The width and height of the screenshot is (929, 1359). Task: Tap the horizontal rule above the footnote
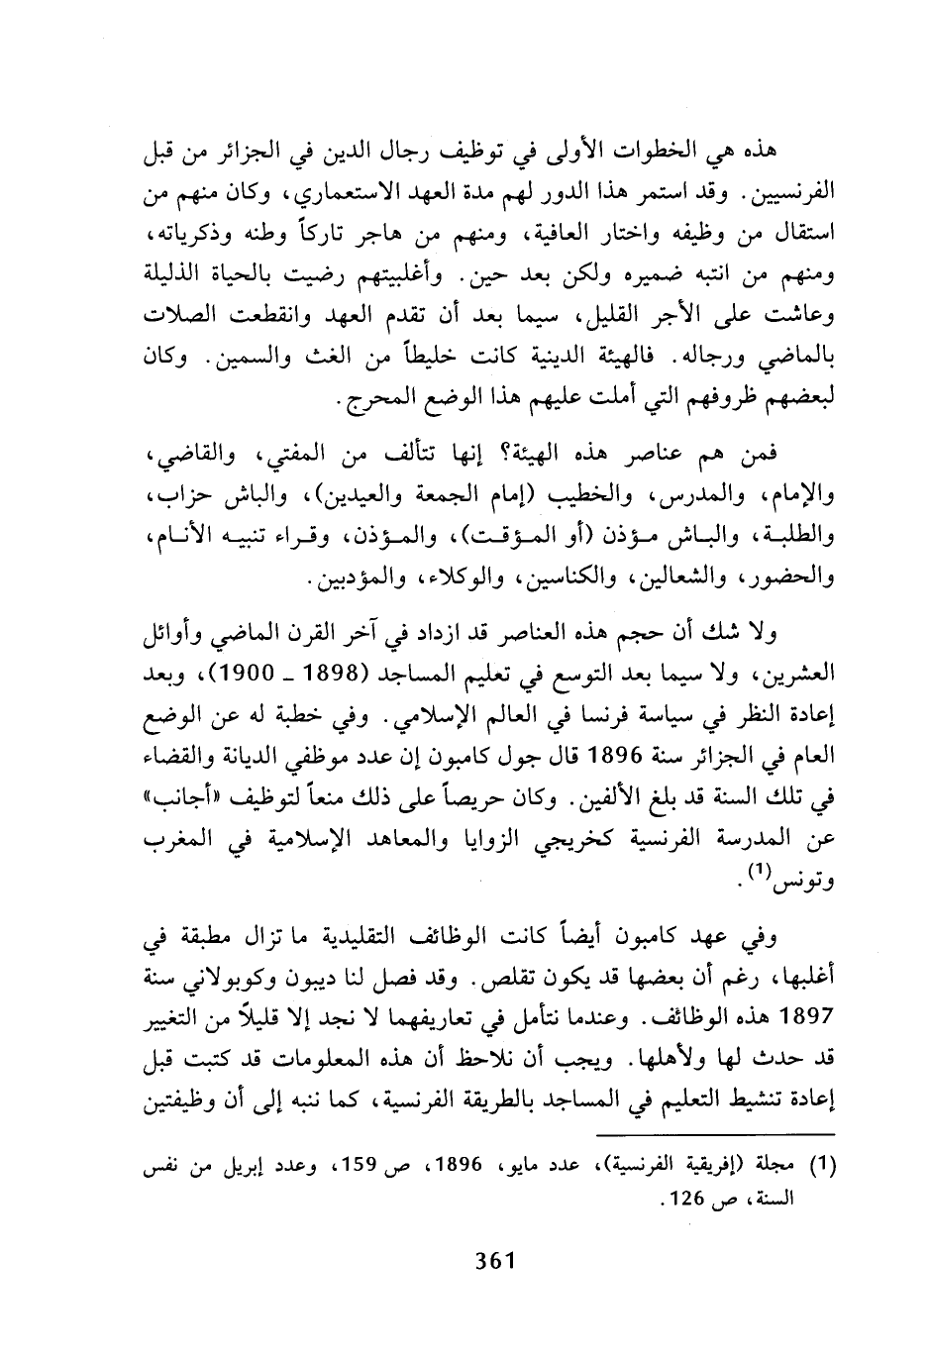click(717, 1135)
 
